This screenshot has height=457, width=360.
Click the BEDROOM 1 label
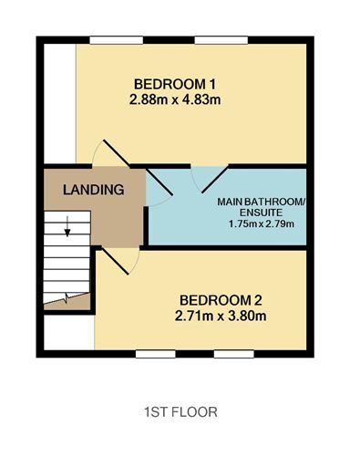tap(175, 84)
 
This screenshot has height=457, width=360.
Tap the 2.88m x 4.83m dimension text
tap(175, 99)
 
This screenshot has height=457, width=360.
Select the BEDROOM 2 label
tap(221, 300)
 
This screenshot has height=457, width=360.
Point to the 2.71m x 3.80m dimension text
tap(221, 316)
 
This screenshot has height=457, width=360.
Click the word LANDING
tap(94, 190)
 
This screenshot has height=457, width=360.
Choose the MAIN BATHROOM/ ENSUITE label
tap(261, 207)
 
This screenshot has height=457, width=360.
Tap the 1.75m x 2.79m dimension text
tap(261, 224)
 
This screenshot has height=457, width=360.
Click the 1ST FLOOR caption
tap(180, 412)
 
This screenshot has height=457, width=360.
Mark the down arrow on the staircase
tap(67, 226)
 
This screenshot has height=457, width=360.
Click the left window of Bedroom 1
tap(117, 40)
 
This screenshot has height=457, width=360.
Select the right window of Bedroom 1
tap(221, 40)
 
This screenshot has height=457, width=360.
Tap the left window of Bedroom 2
tap(156, 354)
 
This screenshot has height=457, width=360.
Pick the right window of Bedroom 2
tap(234, 354)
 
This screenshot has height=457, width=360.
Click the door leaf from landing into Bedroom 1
tap(117, 153)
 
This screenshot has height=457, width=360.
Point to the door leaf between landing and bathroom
tap(159, 182)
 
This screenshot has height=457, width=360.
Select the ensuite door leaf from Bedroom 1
tap(215, 180)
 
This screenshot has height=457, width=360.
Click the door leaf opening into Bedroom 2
tap(115, 261)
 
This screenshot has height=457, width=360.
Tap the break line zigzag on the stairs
tap(67, 297)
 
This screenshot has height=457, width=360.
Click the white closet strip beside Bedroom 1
tap(60, 103)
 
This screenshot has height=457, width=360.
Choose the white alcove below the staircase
tap(69, 332)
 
